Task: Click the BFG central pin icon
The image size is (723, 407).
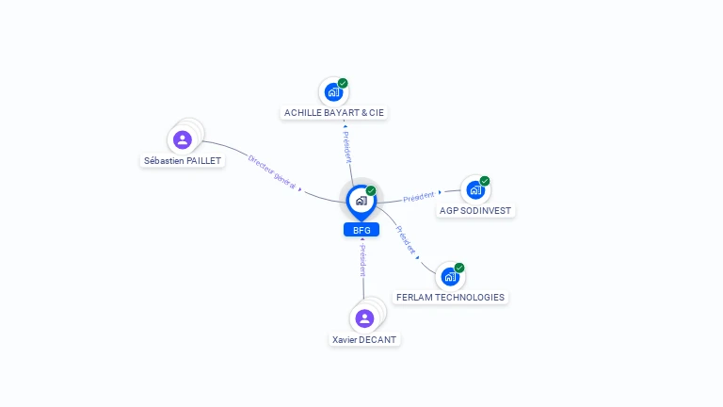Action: (x=361, y=202)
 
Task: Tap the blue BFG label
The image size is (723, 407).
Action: (x=361, y=230)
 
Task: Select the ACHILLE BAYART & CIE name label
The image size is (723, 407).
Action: (x=334, y=113)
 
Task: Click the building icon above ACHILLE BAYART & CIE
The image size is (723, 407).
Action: (x=333, y=91)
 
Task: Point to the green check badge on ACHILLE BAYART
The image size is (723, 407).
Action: (x=343, y=83)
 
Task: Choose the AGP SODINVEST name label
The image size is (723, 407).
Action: (x=474, y=210)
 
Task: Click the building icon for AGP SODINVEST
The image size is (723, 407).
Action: (x=475, y=189)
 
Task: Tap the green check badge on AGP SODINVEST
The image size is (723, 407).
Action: (x=485, y=181)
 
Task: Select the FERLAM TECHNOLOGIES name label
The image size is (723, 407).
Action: (x=451, y=297)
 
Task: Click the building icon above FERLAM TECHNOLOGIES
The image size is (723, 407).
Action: (x=450, y=276)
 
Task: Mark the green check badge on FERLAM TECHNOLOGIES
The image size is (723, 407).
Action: (x=459, y=268)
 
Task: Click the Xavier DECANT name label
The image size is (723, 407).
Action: (x=364, y=339)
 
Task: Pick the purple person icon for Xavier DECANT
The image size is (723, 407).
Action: (x=364, y=318)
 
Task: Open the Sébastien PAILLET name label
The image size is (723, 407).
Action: (x=183, y=160)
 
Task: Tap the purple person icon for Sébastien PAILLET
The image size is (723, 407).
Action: (x=183, y=139)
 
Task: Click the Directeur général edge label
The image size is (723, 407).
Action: (x=272, y=171)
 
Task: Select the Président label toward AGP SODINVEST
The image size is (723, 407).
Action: (x=419, y=197)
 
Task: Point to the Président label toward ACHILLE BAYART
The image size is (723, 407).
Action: (x=347, y=147)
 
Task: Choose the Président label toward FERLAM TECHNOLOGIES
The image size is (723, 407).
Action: (x=406, y=240)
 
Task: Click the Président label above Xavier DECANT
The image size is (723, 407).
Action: (x=362, y=261)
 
